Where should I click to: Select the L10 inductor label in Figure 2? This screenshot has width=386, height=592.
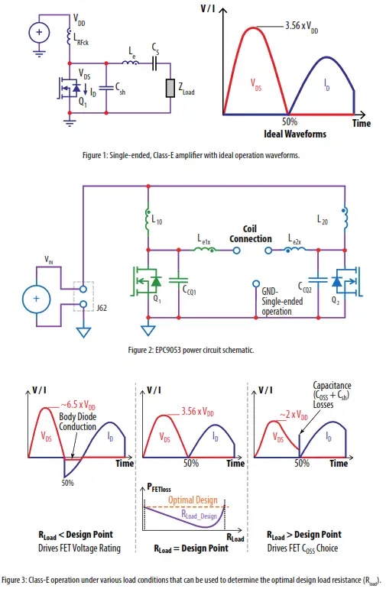[x=157, y=221]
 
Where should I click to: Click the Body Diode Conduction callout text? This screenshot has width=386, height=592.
[x=78, y=422]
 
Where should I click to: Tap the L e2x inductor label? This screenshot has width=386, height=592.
[x=294, y=241]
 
